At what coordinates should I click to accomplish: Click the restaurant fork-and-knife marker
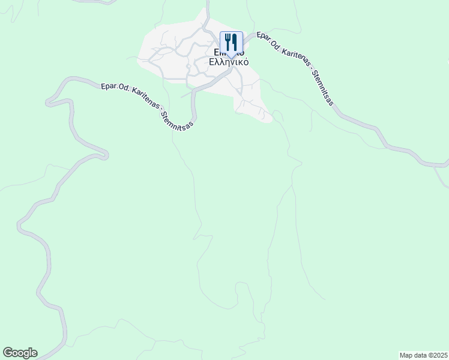pos(231,43)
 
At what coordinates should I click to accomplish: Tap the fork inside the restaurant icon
pos(228,42)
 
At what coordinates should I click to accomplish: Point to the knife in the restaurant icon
pos(235,42)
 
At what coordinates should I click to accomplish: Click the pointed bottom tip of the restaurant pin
pos(231,58)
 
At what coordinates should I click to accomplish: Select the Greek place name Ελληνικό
pos(229,62)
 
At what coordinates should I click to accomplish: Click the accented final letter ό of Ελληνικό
pos(246,62)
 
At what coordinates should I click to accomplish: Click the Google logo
pos(20,353)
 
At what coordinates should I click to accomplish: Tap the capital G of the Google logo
pos(8,353)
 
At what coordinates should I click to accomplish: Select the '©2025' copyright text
pos(438,355)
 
